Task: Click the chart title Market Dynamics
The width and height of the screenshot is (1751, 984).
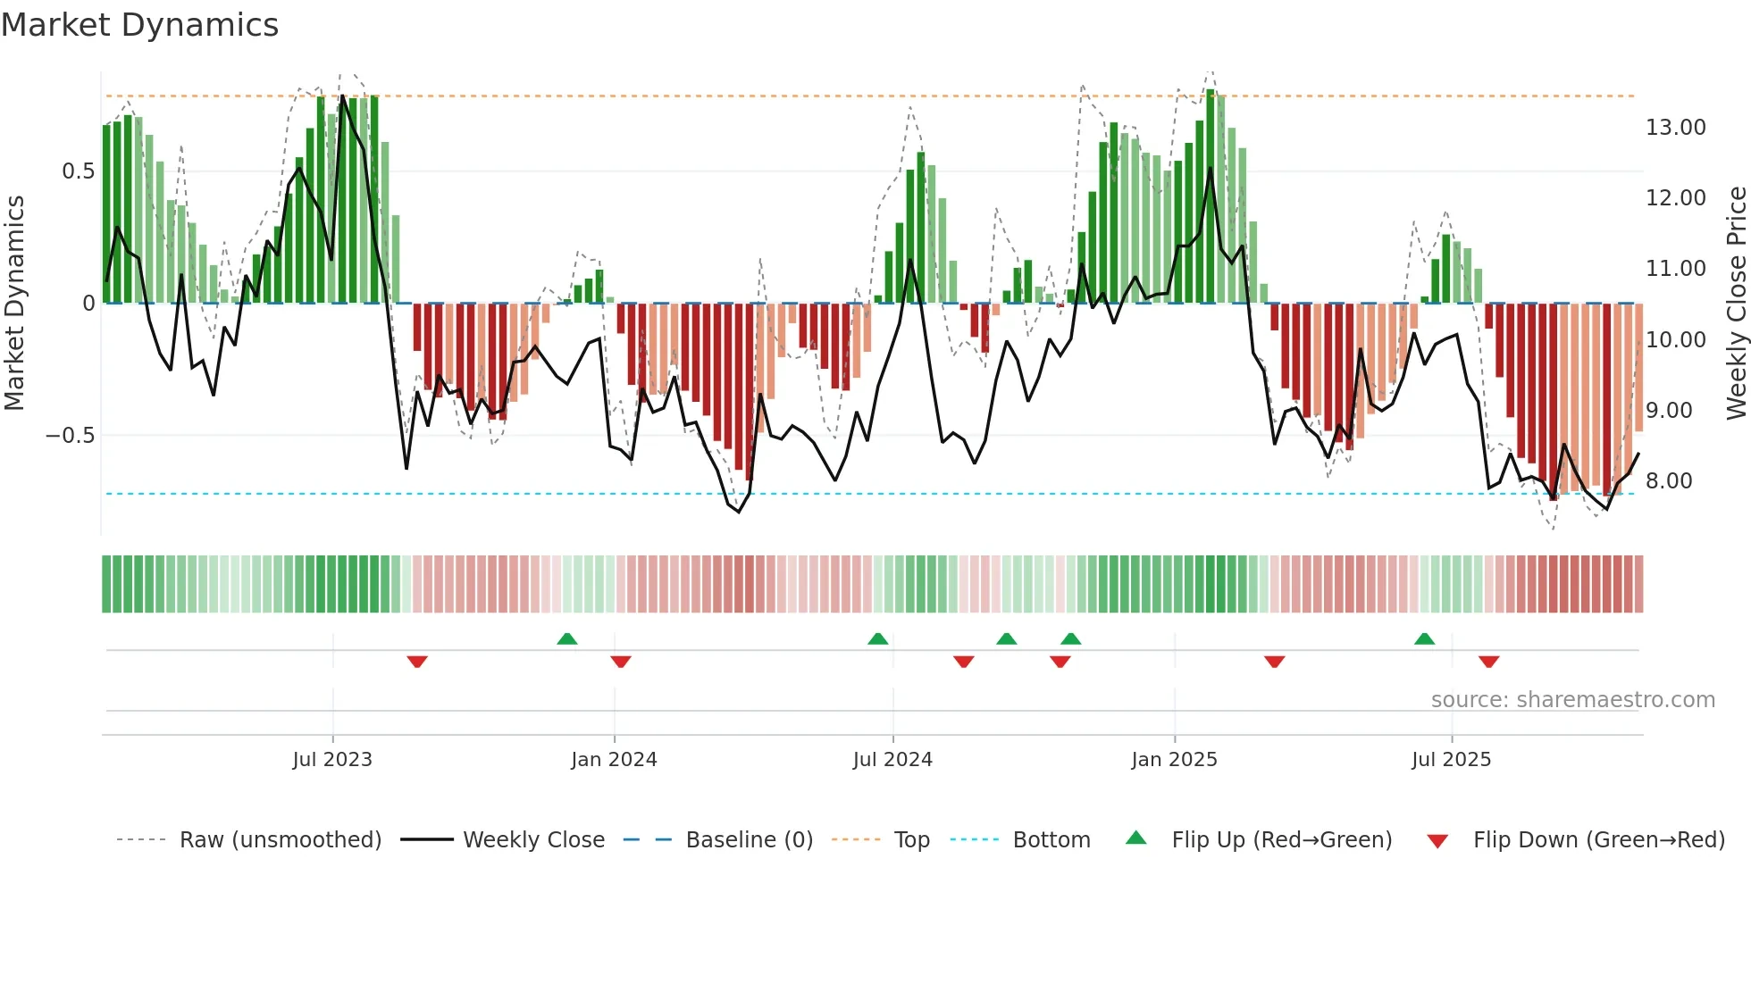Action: (x=139, y=25)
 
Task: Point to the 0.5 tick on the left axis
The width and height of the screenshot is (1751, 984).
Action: (x=78, y=171)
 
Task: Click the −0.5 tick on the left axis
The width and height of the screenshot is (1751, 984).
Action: (x=70, y=436)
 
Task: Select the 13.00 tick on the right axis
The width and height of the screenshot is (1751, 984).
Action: (x=1675, y=128)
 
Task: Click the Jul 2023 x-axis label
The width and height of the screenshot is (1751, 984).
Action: (x=332, y=760)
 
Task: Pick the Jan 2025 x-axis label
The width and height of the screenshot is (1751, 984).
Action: (x=1174, y=760)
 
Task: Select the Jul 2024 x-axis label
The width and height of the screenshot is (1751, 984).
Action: (x=892, y=760)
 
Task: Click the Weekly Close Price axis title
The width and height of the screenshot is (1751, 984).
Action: (x=1736, y=304)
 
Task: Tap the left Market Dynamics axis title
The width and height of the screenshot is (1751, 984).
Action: (x=14, y=304)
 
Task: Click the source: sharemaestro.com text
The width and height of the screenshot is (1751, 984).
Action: (x=1572, y=700)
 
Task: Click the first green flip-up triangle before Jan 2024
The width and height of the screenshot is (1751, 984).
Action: (x=566, y=638)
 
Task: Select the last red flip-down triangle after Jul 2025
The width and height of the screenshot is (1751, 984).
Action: (x=1488, y=662)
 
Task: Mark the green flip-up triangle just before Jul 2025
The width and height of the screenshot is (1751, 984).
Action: (x=1424, y=638)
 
